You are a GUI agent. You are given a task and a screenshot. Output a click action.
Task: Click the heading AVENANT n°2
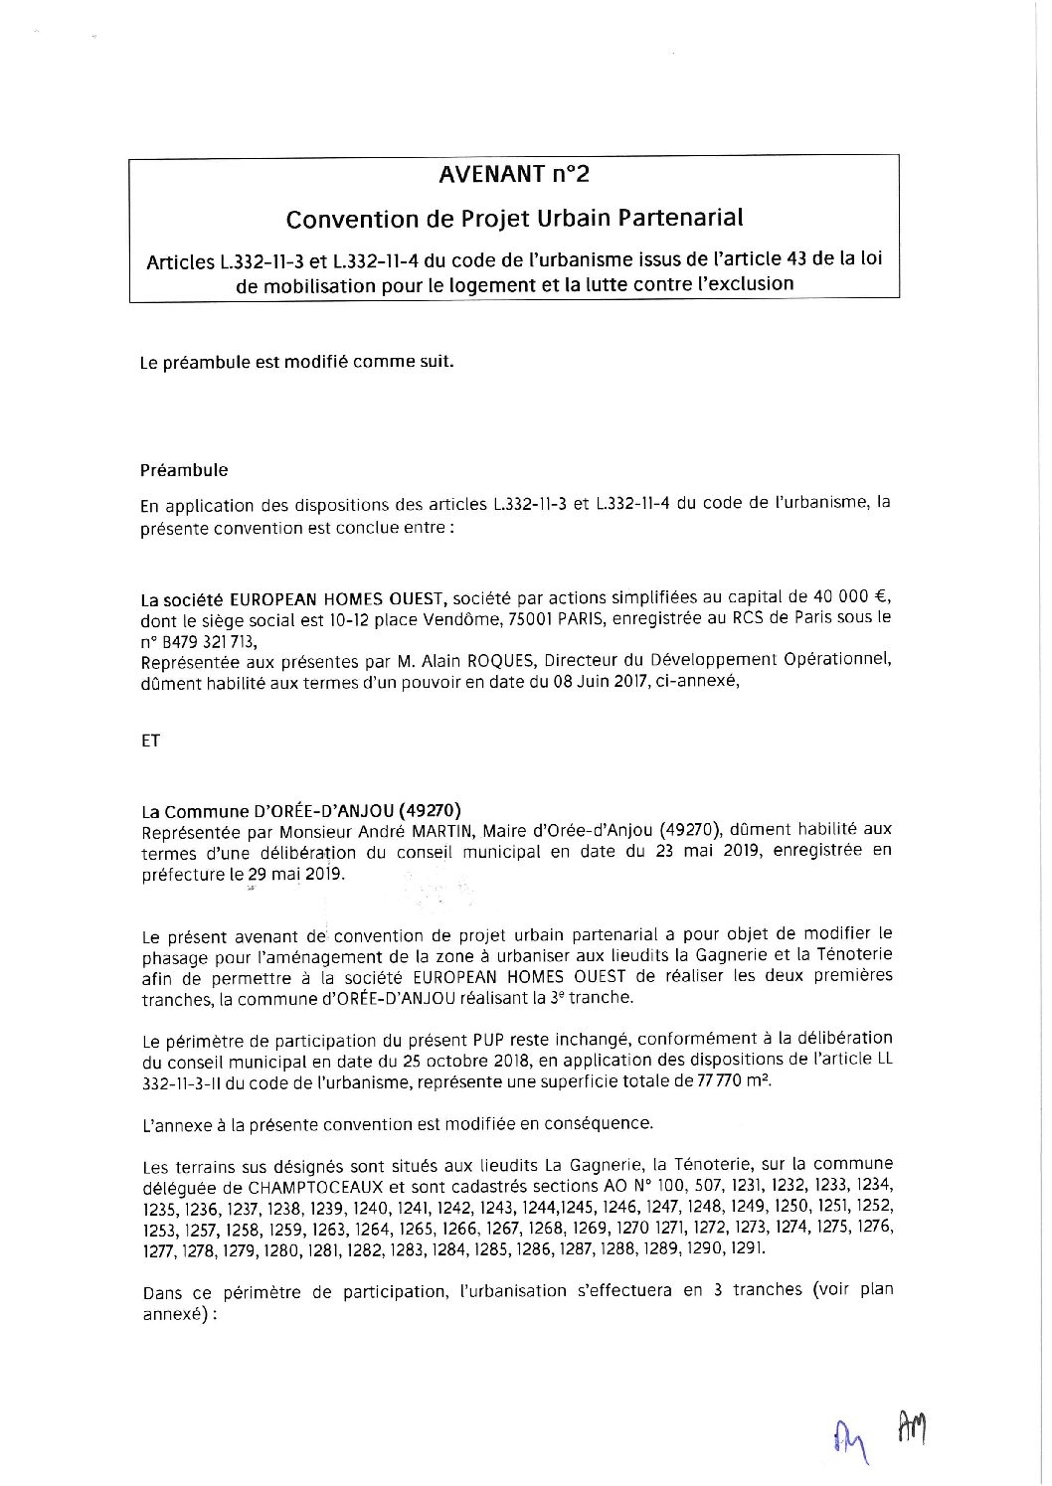[514, 175]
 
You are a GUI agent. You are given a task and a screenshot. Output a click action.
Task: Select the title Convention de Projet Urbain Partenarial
[514, 217]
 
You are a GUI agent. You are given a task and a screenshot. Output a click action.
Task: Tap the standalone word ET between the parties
[151, 742]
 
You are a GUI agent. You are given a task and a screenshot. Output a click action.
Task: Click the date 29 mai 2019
[294, 874]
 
